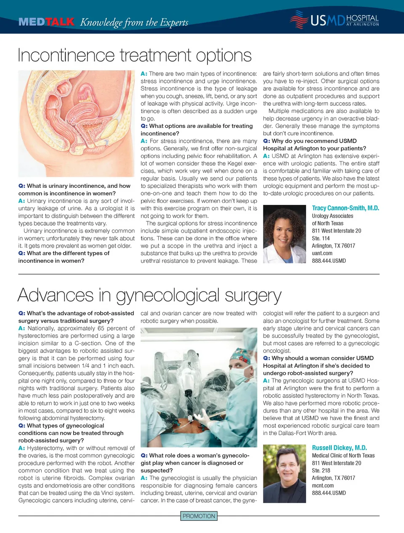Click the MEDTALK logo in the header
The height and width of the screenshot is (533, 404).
click(46, 21)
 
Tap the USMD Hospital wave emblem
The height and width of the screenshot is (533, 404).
click(299, 19)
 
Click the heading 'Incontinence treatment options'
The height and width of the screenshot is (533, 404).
click(135, 55)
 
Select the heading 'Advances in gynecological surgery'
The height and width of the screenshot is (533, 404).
click(149, 295)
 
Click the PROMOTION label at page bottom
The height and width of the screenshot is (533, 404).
click(199, 516)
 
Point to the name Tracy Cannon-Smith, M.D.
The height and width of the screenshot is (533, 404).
click(345, 208)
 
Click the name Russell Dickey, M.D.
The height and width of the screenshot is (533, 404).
click(339, 448)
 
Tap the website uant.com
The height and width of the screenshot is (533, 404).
click(322, 253)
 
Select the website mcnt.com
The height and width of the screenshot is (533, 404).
click(323, 485)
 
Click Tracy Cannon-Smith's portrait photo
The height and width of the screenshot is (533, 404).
click(284, 234)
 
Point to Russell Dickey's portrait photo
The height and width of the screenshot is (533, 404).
click(284, 474)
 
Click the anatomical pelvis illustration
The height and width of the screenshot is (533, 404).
click(77, 123)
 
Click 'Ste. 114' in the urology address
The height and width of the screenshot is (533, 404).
click(321, 238)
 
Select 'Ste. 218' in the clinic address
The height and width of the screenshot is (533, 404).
click(321, 471)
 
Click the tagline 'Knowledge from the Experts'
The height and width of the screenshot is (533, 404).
click(134, 22)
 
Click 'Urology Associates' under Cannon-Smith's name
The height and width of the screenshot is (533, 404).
click(332, 216)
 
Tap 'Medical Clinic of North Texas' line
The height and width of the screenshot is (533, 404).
click(343, 456)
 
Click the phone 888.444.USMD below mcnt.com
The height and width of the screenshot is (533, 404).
click(329, 493)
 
